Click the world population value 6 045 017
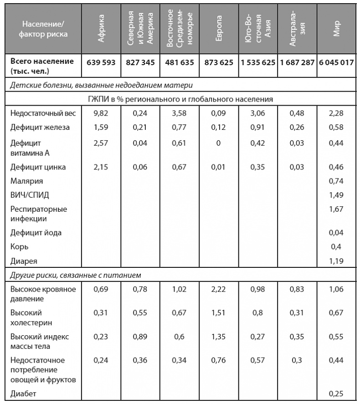point(336,62)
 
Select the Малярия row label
point(26,181)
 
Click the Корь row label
point(20,246)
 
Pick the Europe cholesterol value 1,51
point(219,313)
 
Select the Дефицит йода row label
point(36,233)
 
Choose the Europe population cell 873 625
point(219,62)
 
